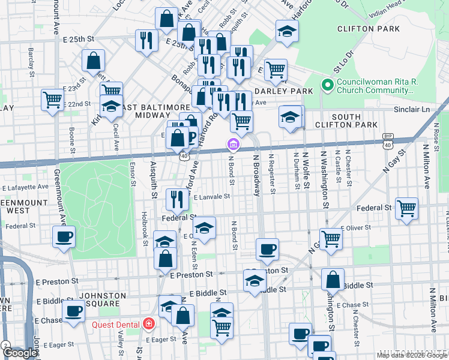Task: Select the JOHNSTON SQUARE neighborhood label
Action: pos(98,299)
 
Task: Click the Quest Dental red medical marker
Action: pos(148,325)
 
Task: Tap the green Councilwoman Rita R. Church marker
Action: pos(328,85)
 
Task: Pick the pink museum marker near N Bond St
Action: pos(232,145)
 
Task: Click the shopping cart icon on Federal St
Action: pos(406,209)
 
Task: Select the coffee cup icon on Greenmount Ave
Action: pos(64,236)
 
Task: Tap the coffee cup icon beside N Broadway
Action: pos(267,248)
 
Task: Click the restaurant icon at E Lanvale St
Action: pos(176,199)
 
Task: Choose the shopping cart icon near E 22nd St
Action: pos(52,100)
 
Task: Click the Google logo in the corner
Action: pos(20,353)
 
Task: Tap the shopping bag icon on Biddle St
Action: pos(333,280)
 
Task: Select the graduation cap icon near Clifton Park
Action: pos(287,31)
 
